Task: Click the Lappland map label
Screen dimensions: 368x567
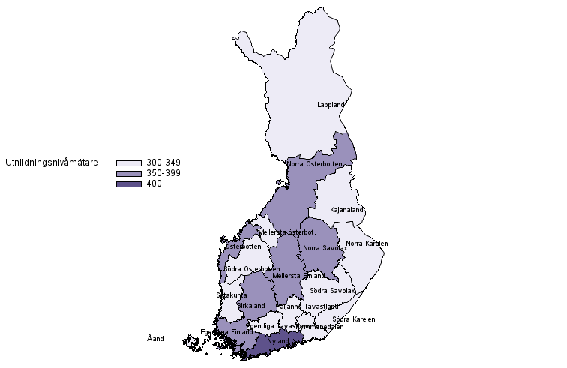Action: pyautogui.click(x=331, y=105)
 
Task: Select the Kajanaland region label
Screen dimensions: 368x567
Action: pyautogui.click(x=346, y=210)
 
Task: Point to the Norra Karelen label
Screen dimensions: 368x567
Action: pyautogui.click(x=367, y=244)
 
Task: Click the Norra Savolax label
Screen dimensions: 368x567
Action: pyautogui.click(x=325, y=248)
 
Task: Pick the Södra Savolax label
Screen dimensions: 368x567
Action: pyautogui.click(x=332, y=291)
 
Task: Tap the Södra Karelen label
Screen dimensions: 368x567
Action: pyautogui.click(x=354, y=319)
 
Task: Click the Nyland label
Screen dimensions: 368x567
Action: pyautogui.click(x=278, y=341)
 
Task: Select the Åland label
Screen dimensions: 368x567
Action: pyautogui.click(x=155, y=339)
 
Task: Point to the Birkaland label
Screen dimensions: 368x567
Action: pyautogui.click(x=251, y=306)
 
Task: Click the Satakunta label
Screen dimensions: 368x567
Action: pyautogui.click(x=232, y=295)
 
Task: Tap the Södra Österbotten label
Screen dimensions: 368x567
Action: pyautogui.click(x=252, y=269)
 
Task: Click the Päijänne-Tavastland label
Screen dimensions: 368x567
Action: pyautogui.click(x=307, y=307)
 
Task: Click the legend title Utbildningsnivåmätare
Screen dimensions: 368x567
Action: pyautogui.click(x=51, y=162)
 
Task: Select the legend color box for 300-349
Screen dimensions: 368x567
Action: pyautogui.click(x=129, y=163)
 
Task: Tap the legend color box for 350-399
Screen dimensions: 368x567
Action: pyautogui.click(x=129, y=173)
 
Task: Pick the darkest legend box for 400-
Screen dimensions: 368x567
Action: pyautogui.click(x=129, y=184)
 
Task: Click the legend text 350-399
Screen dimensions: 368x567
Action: pyautogui.click(x=163, y=173)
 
